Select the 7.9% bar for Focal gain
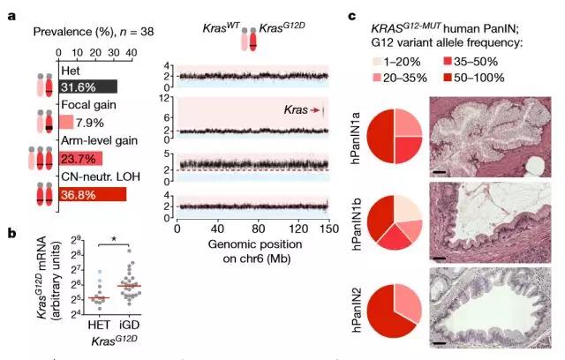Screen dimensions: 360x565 [x=65, y=122]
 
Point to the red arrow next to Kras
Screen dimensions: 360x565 [x=313, y=110]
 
